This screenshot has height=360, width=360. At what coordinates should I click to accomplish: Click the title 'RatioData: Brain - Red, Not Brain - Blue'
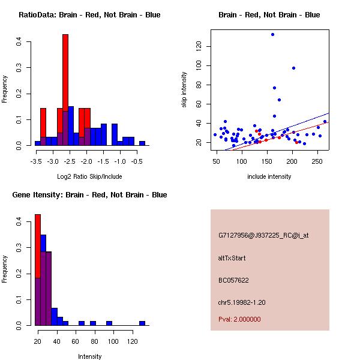(x=89, y=14)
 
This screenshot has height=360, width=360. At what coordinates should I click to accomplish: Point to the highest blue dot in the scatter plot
(x=272, y=35)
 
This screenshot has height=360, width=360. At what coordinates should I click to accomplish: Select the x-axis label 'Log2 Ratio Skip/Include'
(x=89, y=176)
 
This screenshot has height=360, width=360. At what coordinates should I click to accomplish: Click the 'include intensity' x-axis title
(x=269, y=176)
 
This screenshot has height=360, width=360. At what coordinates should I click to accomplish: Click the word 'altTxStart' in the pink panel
(x=232, y=258)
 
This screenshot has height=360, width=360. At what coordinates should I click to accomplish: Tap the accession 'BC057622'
(x=233, y=280)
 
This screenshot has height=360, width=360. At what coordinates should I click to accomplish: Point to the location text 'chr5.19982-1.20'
(x=242, y=302)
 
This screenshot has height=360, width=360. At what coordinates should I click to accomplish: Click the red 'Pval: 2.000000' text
(x=239, y=319)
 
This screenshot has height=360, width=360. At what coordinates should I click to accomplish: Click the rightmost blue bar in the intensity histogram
(x=142, y=323)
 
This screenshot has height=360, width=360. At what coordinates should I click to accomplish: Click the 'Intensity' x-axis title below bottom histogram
(x=90, y=356)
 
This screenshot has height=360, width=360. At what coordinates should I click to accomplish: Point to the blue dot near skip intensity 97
(x=293, y=68)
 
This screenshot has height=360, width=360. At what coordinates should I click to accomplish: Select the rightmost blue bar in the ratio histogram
(x=142, y=143)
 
